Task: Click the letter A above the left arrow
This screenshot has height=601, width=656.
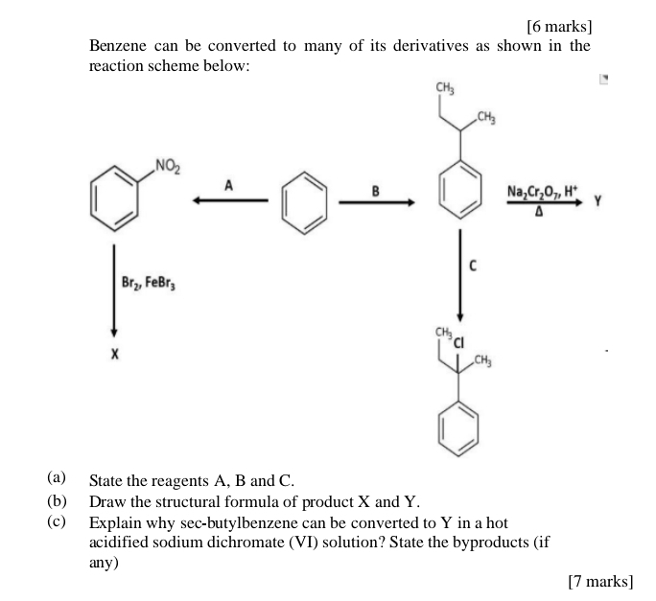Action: (227, 185)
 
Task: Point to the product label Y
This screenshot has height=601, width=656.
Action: (597, 201)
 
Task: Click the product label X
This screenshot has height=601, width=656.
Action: (114, 355)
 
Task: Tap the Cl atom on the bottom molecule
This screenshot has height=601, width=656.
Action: (458, 341)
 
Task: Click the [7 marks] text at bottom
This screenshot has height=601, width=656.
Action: (600, 581)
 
